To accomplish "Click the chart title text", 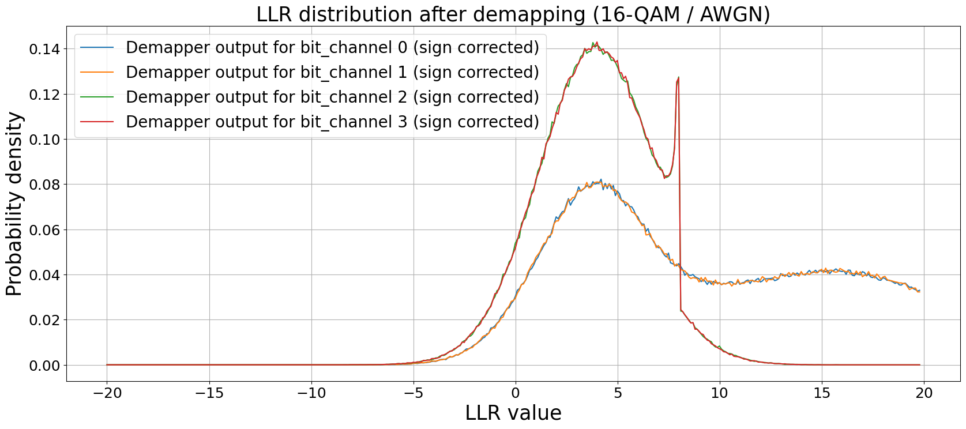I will point(513,14).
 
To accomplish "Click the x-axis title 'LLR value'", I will point(513,413).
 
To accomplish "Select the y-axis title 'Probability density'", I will point(14,204).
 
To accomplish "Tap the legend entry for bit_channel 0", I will point(332,47).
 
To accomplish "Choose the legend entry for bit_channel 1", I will point(332,72).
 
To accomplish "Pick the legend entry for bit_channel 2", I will point(332,97).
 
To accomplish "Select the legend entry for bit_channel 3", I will point(332,122).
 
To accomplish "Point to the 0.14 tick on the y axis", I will point(44,49).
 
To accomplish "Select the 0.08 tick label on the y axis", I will point(44,185).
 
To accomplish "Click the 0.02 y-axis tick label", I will point(44,320).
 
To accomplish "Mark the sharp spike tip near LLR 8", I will point(678,77).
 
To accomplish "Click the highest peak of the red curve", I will point(596,43).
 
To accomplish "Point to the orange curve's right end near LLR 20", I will point(919,292).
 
